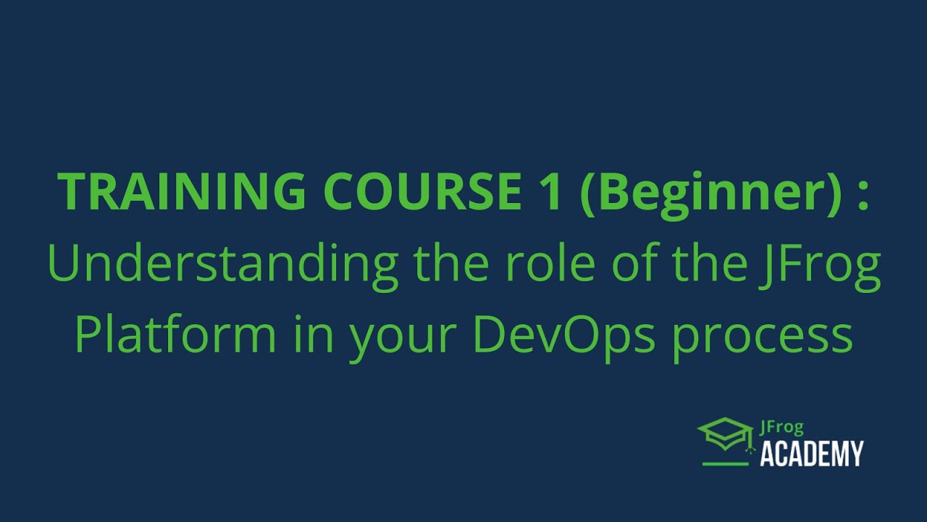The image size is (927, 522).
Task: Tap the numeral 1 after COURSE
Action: tap(548, 193)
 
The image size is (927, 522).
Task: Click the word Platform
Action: tap(175, 336)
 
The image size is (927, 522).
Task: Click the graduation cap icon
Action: tap(725, 434)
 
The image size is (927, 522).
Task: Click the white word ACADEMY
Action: tap(811, 454)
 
